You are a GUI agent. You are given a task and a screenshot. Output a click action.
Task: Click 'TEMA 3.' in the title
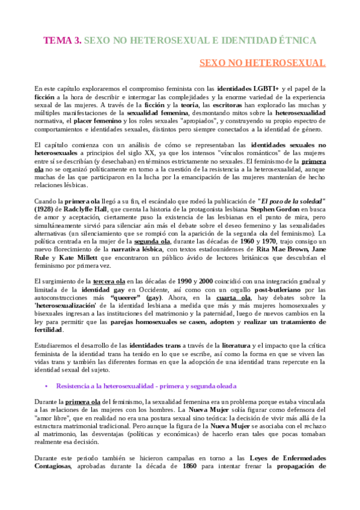tap(61, 40)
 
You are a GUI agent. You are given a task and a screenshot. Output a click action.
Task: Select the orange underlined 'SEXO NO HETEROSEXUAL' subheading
tap(263, 63)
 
